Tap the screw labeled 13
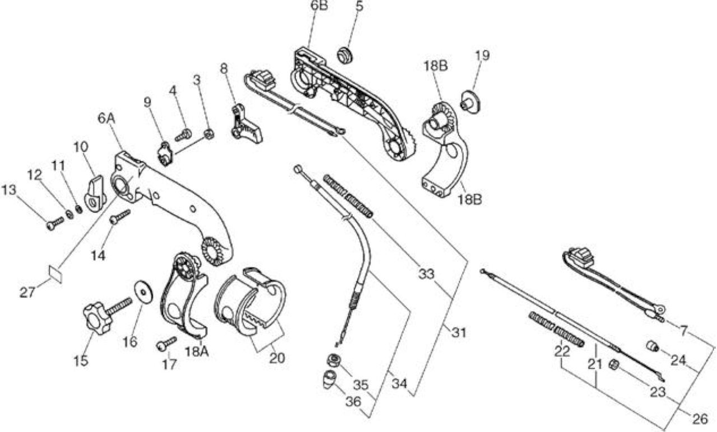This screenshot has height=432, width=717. tap(55, 223)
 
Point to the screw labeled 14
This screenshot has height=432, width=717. tap(120, 217)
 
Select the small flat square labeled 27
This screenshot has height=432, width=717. tap(55, 274)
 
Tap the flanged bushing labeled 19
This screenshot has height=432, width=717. tap(471, 101)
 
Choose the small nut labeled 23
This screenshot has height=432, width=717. tap(614, 364)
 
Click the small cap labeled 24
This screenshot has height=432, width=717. tap(653, 346)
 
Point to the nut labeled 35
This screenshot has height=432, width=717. tap(333, 361)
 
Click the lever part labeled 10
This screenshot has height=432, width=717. tap(95, 194)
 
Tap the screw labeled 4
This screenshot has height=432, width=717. tap(183, 135)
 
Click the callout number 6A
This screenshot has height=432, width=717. tap(106, 119)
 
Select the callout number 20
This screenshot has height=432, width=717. tap(277, 359)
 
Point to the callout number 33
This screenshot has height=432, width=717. tap(426, 274)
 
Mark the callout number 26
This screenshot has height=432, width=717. tap(700, 419)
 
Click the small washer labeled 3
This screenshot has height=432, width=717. tap(209, 135)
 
